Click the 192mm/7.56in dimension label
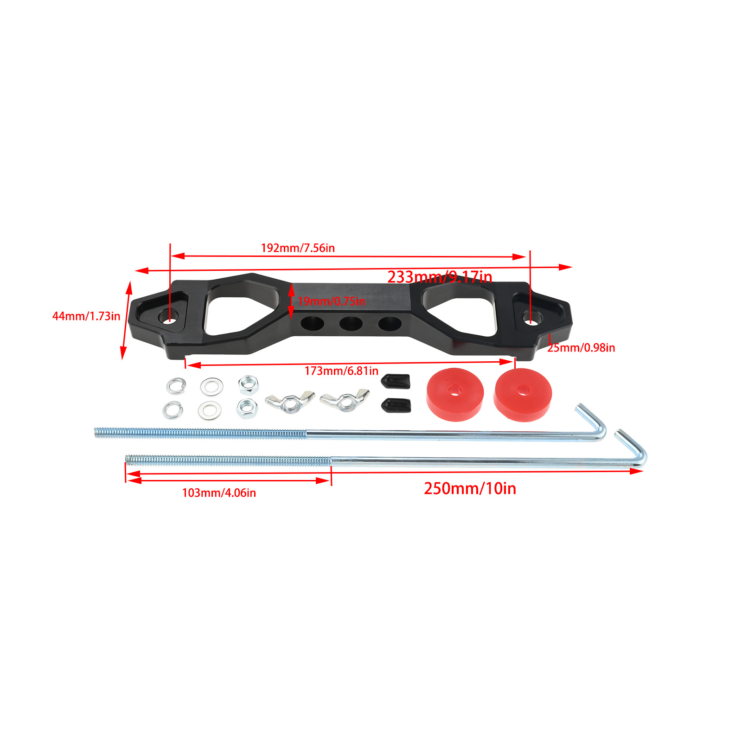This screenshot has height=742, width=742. pos(298,248)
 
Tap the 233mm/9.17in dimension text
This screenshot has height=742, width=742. pos(440,277)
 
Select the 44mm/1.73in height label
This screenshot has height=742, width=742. pos(86,316)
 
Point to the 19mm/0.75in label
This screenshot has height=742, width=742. pos(332,301)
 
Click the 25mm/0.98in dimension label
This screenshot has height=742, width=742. pos(581,348)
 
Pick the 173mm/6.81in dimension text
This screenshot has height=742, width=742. pos(341,371)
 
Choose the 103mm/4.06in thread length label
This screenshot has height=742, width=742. pos(219,493)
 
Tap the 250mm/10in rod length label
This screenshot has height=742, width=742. pos(470,489)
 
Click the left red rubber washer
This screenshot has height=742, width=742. pos(455,394)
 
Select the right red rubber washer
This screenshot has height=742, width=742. pos(523,395)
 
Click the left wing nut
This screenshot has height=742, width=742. pos(290,402)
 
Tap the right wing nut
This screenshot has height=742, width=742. pos(345,400)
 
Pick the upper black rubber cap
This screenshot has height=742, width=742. pos(396,381)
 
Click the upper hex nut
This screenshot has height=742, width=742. pos(248,384)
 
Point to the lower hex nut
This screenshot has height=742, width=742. pos(247,408)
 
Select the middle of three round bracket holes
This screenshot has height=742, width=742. pos(351,323)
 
